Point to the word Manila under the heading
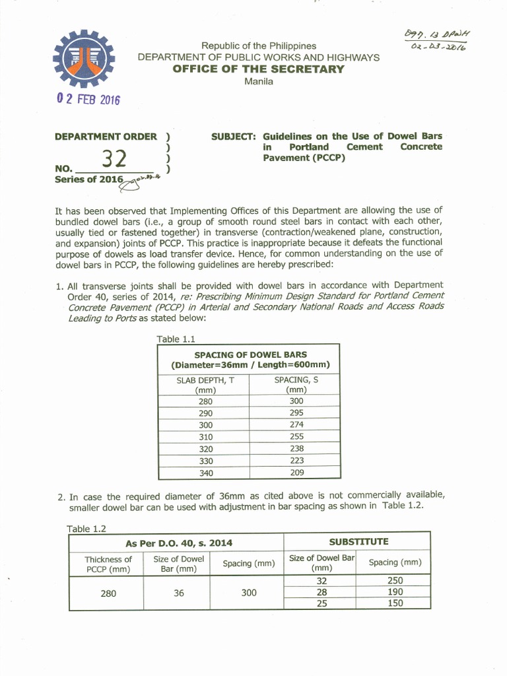[258, 81]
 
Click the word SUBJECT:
[233, 136]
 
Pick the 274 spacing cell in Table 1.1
[296, 424]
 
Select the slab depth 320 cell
[206, 449]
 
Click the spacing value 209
[296, 473]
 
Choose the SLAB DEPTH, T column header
[206, 384]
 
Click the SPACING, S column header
[296, 384]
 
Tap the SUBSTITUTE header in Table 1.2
[358, 542]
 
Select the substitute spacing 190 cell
[395, 592]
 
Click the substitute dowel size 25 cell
[322, 603]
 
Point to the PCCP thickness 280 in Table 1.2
[108, 593]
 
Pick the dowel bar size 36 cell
[179, 593]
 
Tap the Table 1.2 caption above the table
[86, 528]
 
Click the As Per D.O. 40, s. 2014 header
[179, 543]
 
